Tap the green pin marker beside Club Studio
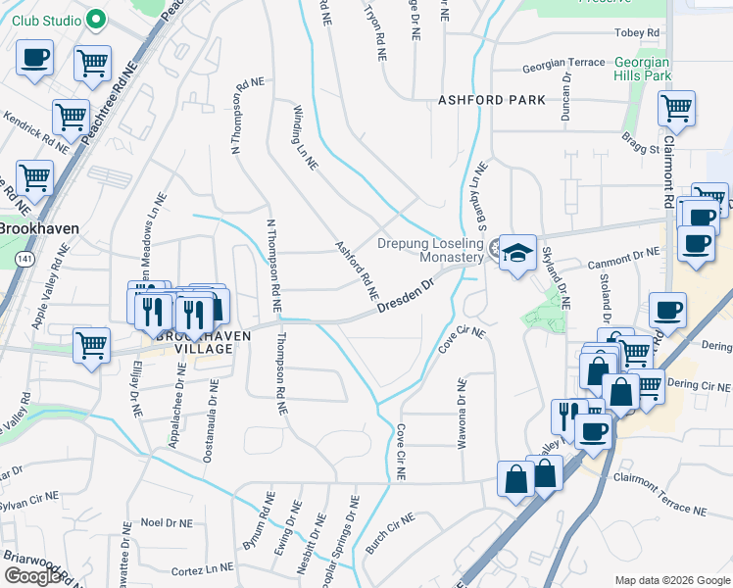point(95,19)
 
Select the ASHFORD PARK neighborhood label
point(491,101)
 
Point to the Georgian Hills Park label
point(642,68)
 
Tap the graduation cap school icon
point(516,255)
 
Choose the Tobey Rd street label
point(641,33)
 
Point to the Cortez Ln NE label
point(203,568)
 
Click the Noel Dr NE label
point(164,522)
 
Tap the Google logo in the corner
point(32,576)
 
